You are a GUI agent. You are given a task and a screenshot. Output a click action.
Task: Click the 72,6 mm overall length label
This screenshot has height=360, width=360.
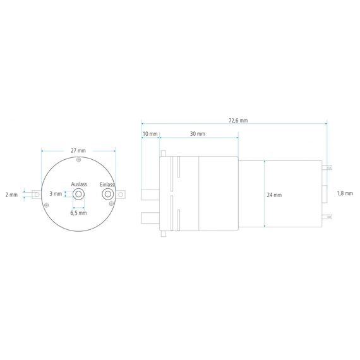[x=238, y=120]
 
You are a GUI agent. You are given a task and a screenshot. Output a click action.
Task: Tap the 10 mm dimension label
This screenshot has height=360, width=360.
[x=150, y=134]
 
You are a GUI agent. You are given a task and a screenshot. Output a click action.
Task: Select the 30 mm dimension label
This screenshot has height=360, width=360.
[x=198, y=134]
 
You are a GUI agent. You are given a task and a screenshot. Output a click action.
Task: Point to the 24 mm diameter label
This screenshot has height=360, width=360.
[x=274, y=195]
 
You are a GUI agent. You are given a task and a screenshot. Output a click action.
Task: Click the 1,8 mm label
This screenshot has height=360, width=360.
[x=345, y=193]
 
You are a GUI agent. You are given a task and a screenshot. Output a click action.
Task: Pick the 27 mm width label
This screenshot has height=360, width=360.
[x=78, y=150]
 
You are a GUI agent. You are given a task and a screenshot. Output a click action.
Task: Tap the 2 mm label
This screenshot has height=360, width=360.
[x=11, y=195]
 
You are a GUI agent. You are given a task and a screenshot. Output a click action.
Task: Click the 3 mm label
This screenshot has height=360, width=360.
[x=56, y=194]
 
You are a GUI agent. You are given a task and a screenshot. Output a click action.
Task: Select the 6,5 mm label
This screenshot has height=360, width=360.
[x=78, y=213]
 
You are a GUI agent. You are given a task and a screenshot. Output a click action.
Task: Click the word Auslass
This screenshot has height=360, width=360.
[x=79, y=184]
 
